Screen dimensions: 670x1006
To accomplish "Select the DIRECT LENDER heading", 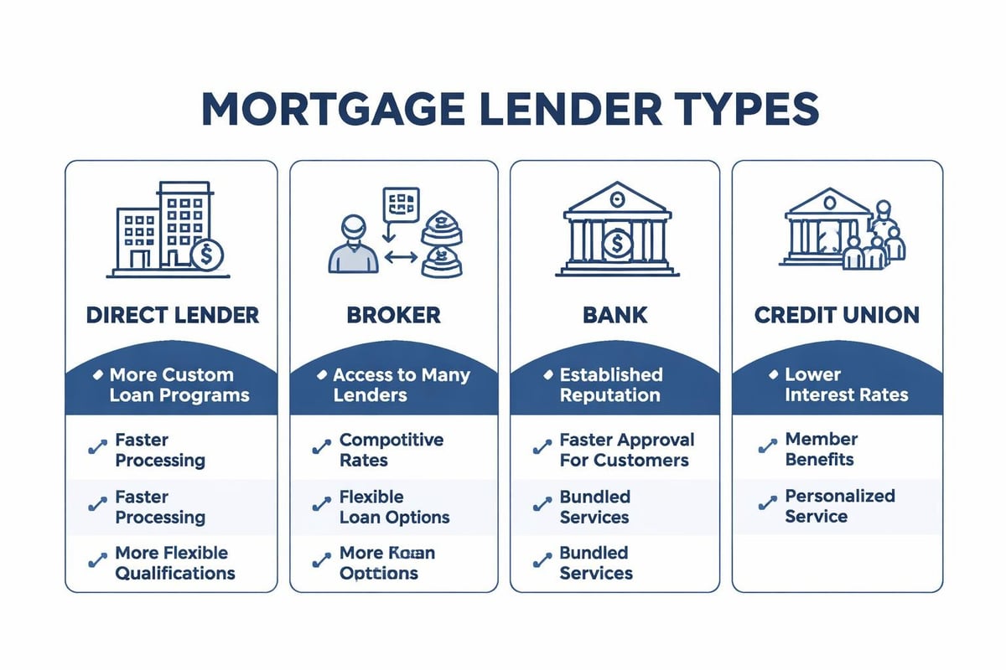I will coord(172,315).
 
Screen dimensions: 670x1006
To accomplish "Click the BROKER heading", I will coord(393,315).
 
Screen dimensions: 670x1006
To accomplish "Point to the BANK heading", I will coord(615,315).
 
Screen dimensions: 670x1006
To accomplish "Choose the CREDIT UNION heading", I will coord(837,315).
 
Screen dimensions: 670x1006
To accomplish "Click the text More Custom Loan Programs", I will coord(179,384).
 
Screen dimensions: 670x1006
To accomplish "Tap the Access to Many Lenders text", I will coord(401,384).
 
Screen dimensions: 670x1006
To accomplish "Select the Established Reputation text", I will coord(610,384).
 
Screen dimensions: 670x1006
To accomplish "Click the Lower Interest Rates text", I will coord(846,384).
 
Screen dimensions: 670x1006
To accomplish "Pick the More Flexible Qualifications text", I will coord(174,563).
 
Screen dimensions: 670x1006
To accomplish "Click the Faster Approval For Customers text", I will coord(626,450).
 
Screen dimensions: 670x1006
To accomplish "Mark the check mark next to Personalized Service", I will coord(766,503).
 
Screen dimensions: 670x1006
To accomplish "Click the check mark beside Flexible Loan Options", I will coord(320,504).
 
